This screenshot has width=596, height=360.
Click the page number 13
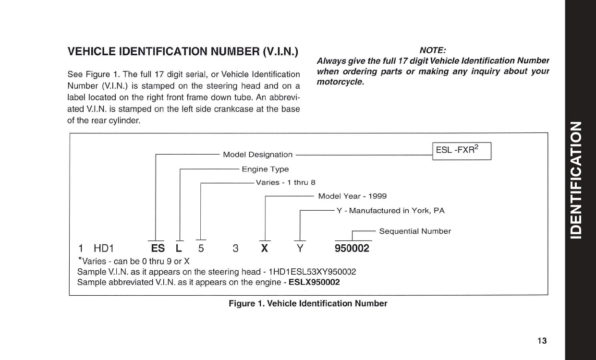tap(542, 341)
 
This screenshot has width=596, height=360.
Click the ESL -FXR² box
tap(462, 150)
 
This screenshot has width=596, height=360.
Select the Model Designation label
tap(257, 155)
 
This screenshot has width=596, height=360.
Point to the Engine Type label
tap(265, 169)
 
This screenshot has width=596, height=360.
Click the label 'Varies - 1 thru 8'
tap(285, 182)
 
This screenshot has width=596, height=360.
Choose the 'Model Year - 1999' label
tap(352, 196)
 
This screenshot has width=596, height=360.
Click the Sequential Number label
tap(415, 231)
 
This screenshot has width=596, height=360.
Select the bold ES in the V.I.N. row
tap(158, 249)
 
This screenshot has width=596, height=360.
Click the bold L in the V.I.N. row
tap(179, 249)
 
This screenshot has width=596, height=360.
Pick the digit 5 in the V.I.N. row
tap(201, 249)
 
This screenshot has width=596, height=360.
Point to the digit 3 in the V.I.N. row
tap(235, 249)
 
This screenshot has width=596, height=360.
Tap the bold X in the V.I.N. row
tap(265, 249)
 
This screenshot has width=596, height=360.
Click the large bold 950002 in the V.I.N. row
tap(352, 249)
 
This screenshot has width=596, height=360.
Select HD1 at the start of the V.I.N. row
tap(103, 249)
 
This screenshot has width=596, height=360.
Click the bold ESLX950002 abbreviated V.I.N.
tap(314, 282)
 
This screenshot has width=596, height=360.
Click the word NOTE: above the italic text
tap(433, 50)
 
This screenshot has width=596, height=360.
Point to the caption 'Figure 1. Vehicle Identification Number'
tap(308, 303)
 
